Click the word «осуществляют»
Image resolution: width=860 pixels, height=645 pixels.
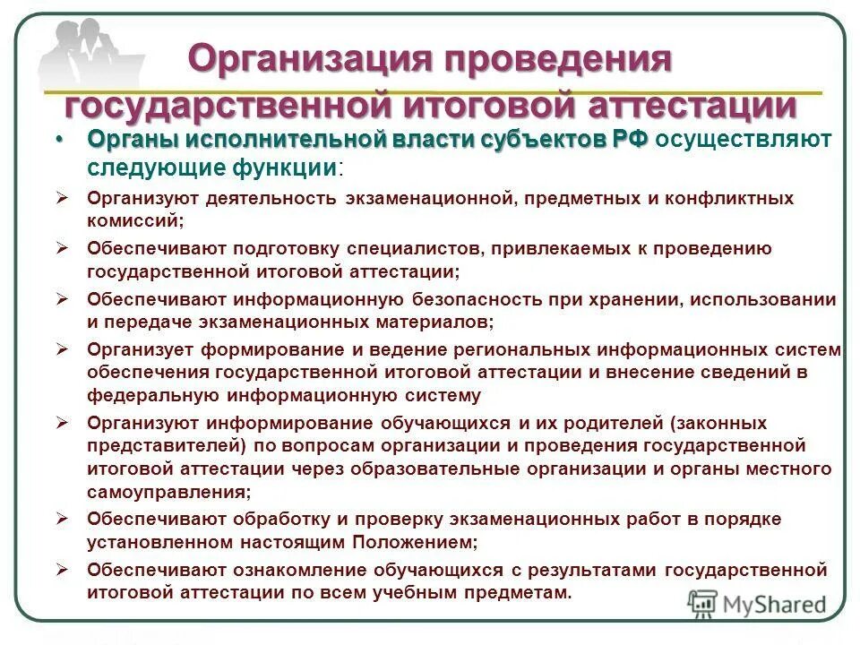pos(743,141)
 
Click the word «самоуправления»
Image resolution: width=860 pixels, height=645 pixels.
pos(166,492)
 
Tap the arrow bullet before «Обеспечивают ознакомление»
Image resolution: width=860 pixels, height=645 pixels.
pos(62,570)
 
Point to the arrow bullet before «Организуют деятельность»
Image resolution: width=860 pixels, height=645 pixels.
pos(62,197)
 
